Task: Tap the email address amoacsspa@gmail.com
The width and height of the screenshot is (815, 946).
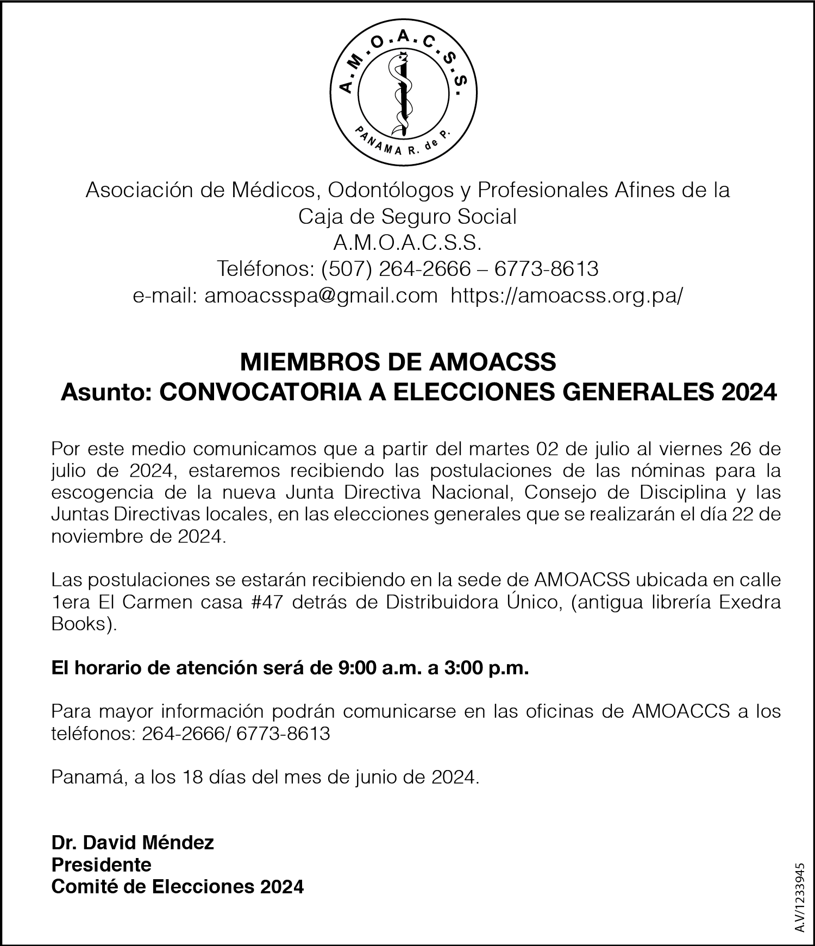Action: point(321,296)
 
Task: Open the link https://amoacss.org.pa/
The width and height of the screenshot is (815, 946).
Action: point(567,296)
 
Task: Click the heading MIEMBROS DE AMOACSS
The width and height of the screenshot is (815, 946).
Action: point(398,362)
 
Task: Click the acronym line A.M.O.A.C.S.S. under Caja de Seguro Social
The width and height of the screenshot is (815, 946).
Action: point(407,243)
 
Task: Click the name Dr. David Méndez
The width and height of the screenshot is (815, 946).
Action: point(133,842)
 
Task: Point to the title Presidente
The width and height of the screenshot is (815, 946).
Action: point(101,864)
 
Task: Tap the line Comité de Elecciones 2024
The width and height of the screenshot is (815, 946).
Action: point(177,886)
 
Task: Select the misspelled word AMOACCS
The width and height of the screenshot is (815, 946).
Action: point(681,711)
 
